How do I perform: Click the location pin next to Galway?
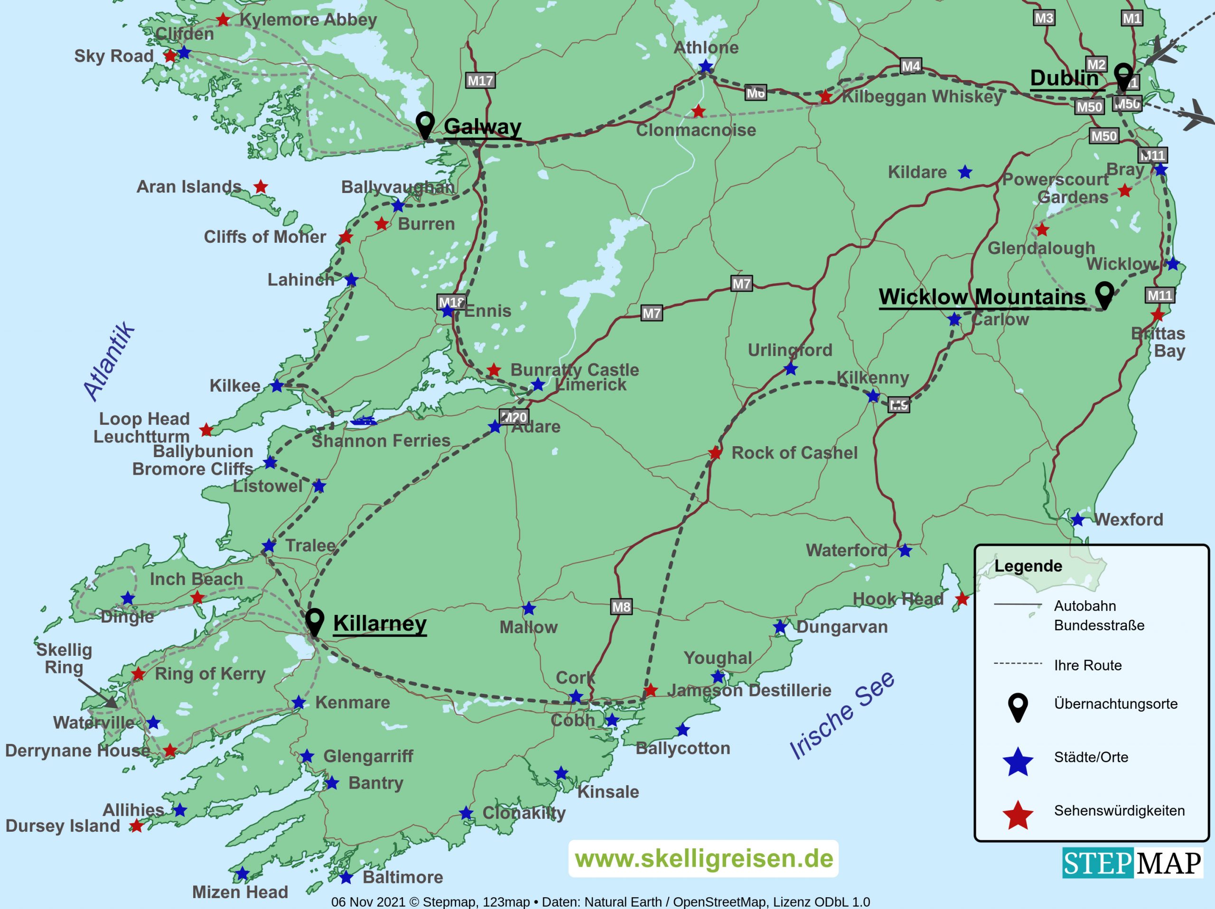pos(425,125)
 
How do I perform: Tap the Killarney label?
pos(380,624)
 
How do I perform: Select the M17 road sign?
pos(480,81)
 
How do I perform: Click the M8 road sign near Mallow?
pos(621,606)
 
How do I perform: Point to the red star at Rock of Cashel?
pos(715,453)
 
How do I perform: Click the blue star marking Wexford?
pos(1077,519)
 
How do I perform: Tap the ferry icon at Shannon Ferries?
pos(364,422)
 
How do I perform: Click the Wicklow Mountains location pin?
pos(1104,295)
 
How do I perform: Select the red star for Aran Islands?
pos(261,187)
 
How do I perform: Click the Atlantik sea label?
pos(109,361)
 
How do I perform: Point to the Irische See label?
pos(841,715)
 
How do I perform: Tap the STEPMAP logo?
pos(1132,863)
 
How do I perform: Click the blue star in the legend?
pos(1018,762)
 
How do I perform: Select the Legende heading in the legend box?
pos(1028,566)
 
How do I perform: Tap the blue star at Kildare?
pos(965,172)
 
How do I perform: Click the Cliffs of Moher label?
pos(265,237)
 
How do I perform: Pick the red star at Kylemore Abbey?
pos(223,20)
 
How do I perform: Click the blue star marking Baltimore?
pos(346,877)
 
